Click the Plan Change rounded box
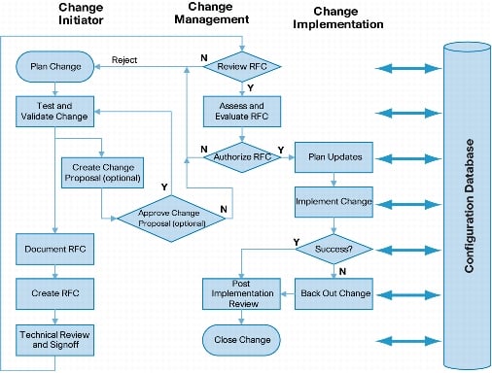(x=55, y=66)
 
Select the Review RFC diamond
(x=242, y=66)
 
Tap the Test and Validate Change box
(x=54, y=111)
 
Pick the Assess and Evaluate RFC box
(x=242, y=111)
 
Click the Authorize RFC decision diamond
(x=242, y=157)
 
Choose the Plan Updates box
(x=334, y=157)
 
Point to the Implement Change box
(x=334, y=202)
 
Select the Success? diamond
(x=334, y=249)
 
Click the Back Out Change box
(x=334, y=293)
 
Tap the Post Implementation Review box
(x=242, y=293)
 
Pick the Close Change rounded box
(x=242, y=340)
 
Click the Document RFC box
(x=54, y=249)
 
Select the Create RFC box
(x=54, y=293)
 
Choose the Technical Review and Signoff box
(x=54, y=340)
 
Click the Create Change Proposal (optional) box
(x=102, y=173)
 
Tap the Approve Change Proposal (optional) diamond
(x=171, y=219)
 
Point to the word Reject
(x=124, y=60)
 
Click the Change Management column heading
(x=212, y=13)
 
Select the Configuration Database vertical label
(x=470, y=206)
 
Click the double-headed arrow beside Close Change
(x=408, y=341)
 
